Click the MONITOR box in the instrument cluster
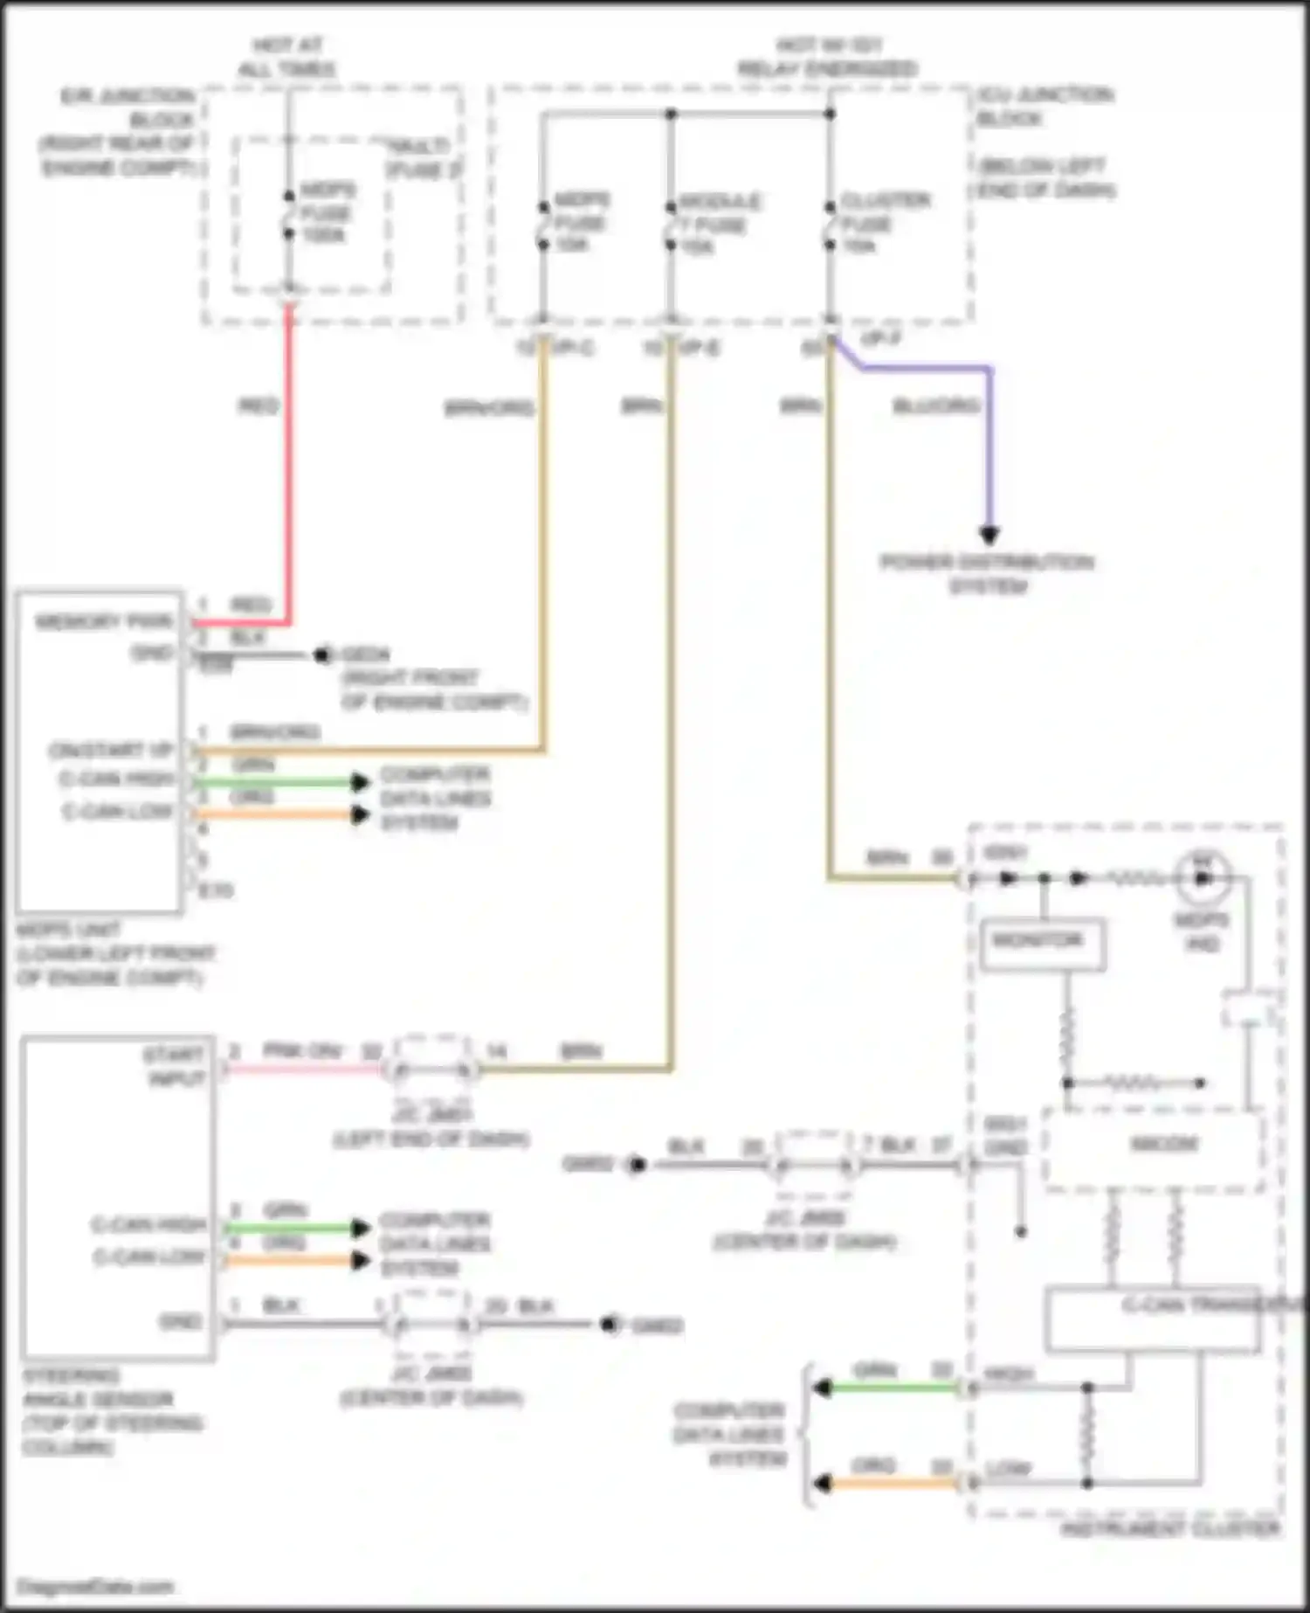[1042, 944]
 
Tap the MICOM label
[1164, 1145]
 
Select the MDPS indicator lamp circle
[1203, 876]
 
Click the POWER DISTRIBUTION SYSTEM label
[987, 574]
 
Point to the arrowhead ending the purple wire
[989, 535]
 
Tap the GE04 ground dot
[322, 654]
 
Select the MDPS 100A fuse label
[327, 212]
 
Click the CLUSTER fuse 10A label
[884, 223]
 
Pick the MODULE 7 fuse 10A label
[720, 225]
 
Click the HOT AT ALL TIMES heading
[287, 57]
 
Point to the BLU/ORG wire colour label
[936, 406]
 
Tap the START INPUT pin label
[176, 1066]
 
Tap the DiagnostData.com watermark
[95, 1587]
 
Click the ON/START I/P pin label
[111, 751]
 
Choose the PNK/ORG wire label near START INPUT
[302, 1051]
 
